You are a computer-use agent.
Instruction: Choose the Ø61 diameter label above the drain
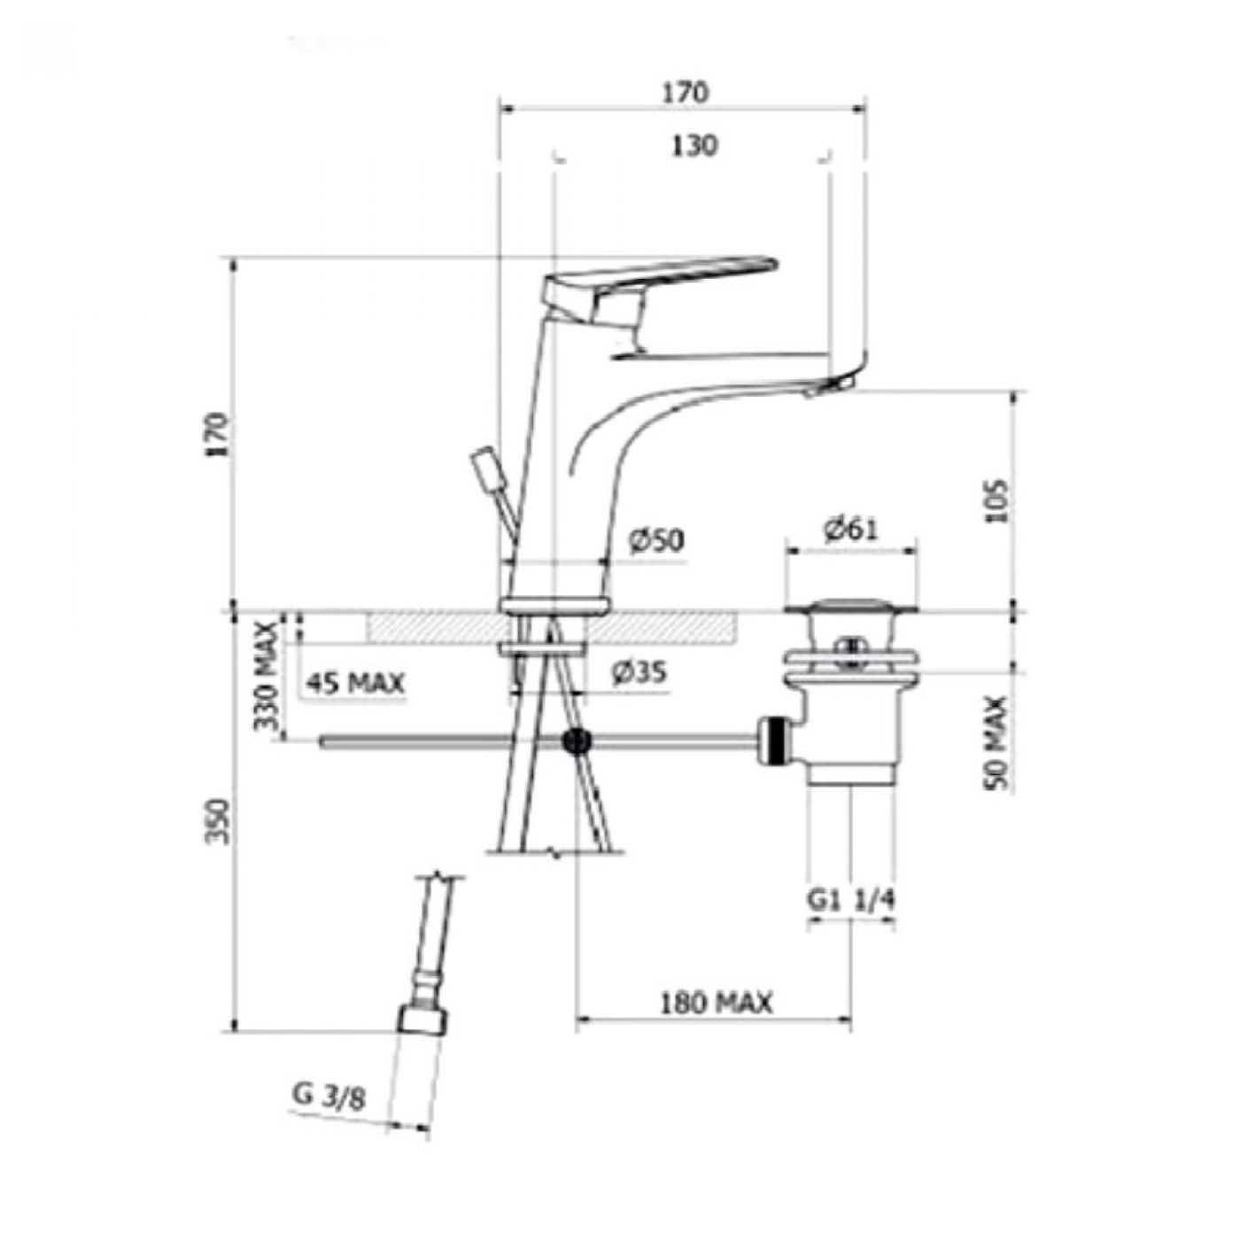[x=850, y=530]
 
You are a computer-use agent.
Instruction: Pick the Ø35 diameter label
[x=639, y=673]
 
